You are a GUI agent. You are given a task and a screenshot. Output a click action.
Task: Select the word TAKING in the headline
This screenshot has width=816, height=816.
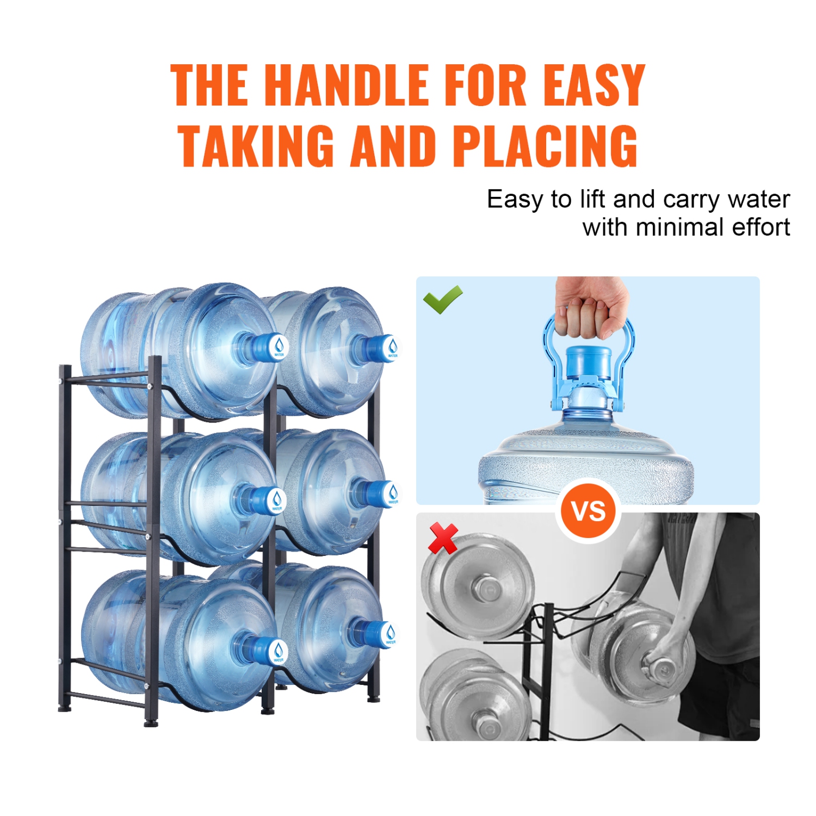pyautogui.click(x=256, y=146)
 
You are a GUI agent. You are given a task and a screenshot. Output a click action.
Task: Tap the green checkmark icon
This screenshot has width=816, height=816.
pyautogui.click(x=442, y=299)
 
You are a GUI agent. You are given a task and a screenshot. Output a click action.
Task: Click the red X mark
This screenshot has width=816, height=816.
pyautogui.click(x=443, y=538)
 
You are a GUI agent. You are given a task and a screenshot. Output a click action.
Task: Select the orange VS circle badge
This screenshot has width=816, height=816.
pyautogui.click(x=588, y=510)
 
